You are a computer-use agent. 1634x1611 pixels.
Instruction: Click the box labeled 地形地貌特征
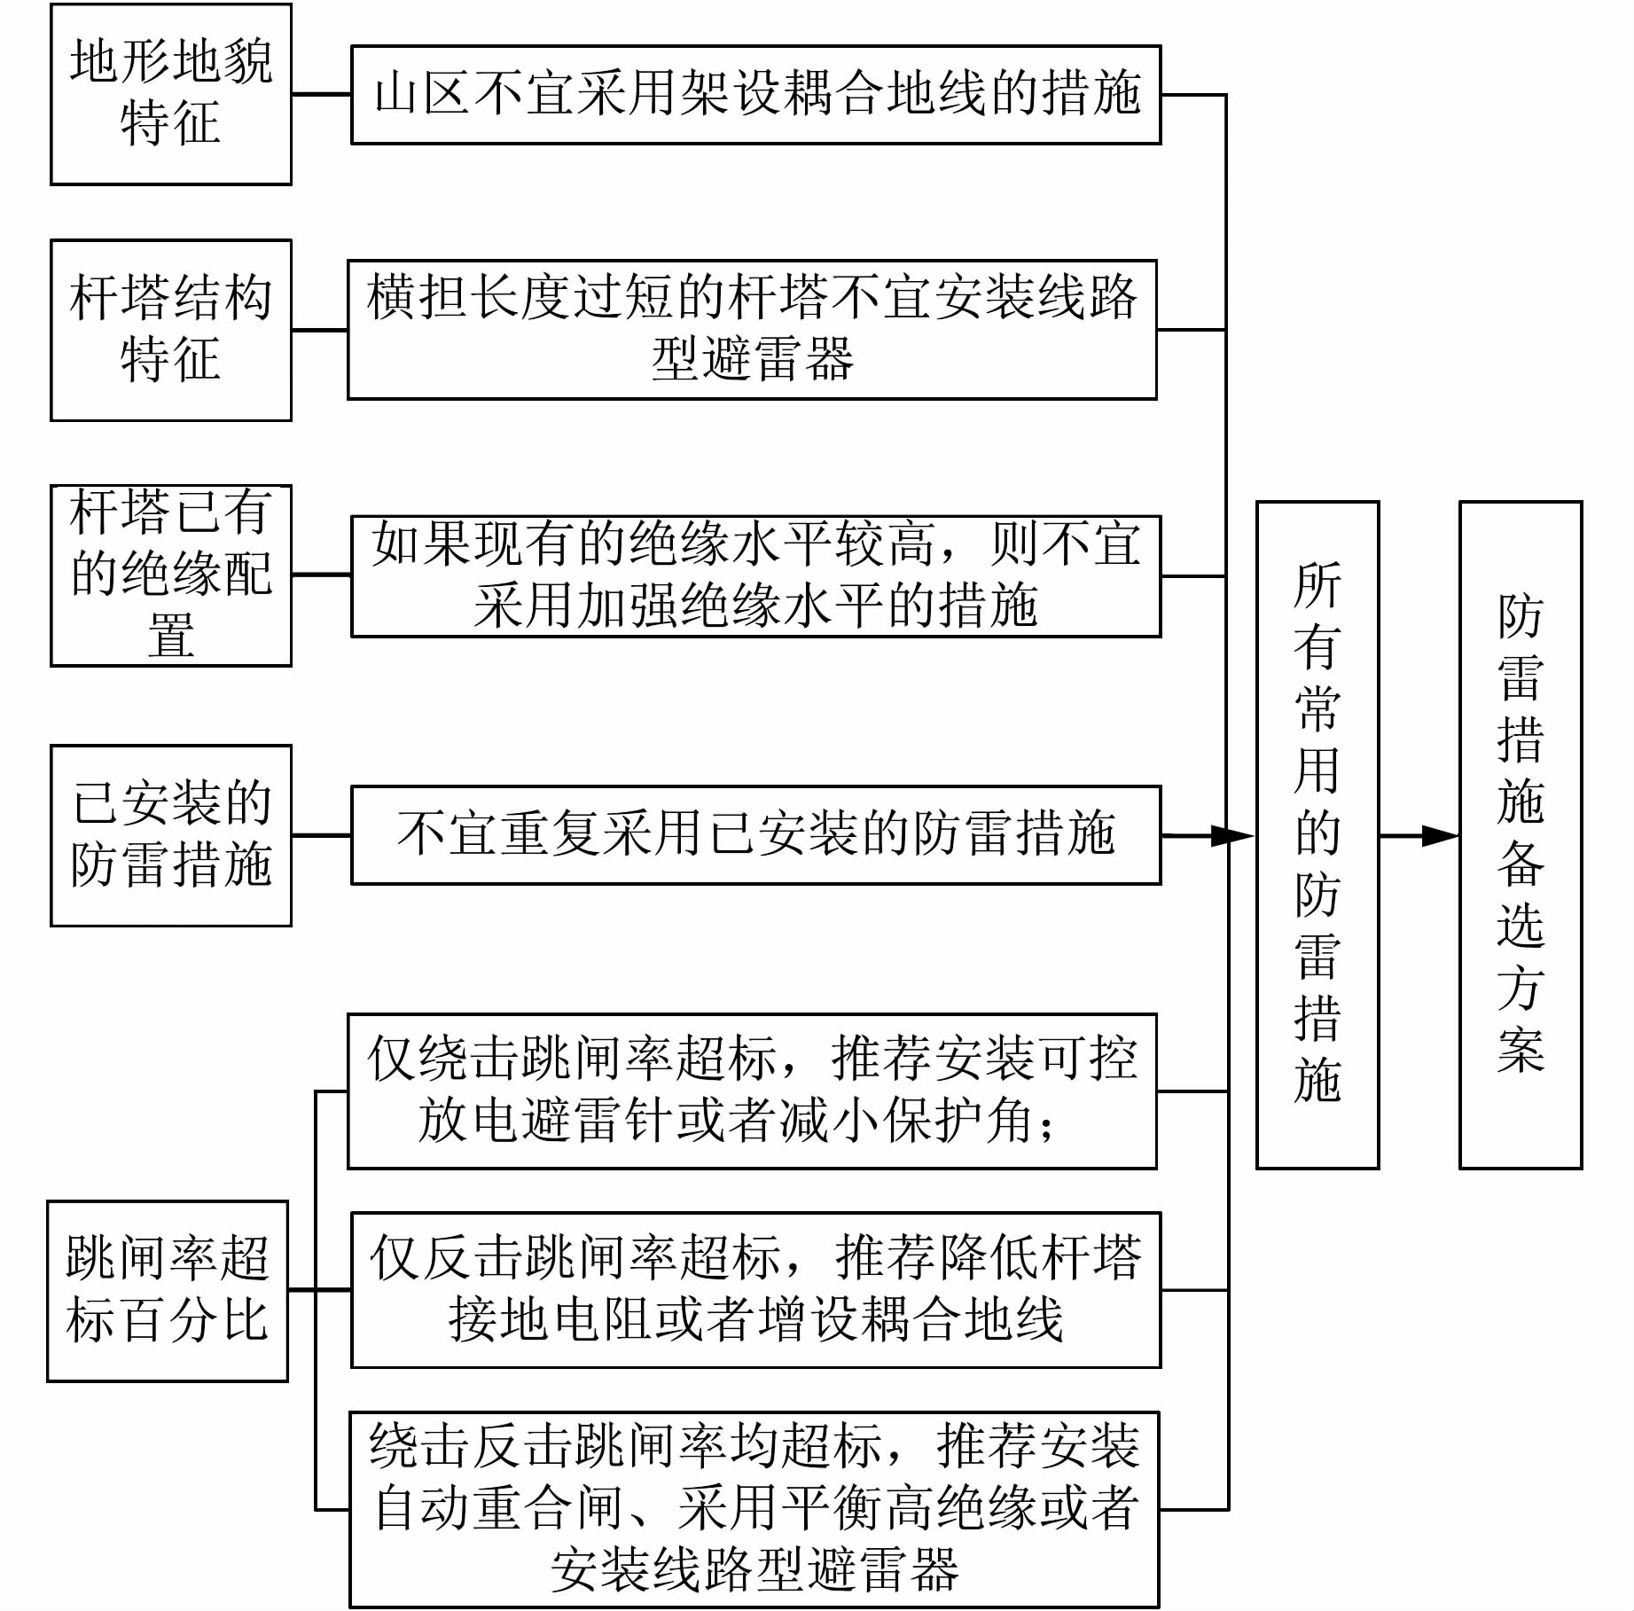pos(170,94)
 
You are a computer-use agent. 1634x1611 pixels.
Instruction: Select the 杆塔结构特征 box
pos(170,330)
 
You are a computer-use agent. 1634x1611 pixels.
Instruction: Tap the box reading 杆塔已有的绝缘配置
pos(170,575)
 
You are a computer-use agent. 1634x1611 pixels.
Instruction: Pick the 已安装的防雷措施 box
pos(170,835)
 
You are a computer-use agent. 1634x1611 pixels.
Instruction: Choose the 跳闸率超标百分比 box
pos(168,1291)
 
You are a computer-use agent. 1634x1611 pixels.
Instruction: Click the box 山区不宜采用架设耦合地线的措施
pos(755,95)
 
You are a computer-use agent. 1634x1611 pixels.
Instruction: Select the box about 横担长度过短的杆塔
pos(752,330)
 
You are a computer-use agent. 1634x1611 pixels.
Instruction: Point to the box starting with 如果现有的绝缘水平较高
pos(755,576)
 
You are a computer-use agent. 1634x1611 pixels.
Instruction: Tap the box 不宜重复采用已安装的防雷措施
pos(755,835)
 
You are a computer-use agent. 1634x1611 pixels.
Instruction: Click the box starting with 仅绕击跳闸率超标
pos(752,1091)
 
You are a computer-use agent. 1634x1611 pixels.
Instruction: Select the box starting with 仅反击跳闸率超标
pos(755,1290)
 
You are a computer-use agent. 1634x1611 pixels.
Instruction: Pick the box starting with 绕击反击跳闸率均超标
pos(754,1509)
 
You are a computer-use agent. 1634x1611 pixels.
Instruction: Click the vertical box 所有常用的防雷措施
pos(1317,835)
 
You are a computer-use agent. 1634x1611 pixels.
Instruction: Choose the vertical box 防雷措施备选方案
pos(1521,835)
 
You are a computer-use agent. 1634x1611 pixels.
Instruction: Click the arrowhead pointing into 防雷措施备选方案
pos(1442,835)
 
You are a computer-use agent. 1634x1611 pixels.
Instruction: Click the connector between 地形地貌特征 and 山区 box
pos(321,94)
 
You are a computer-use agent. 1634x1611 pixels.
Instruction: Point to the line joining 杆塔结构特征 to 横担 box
pos(319,331)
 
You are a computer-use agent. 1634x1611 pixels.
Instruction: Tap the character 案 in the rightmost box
pos(1521,1051)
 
